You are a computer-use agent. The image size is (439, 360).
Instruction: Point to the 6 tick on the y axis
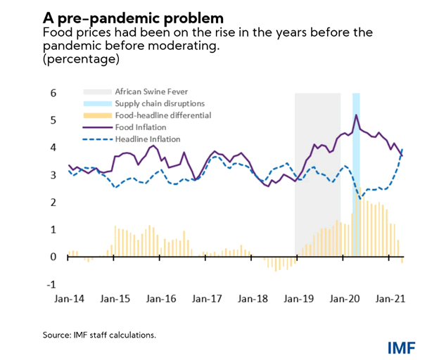coord(51,93)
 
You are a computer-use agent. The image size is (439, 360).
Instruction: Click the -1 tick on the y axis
coord(50,285)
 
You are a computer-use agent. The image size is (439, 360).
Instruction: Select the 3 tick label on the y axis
coord(51,175)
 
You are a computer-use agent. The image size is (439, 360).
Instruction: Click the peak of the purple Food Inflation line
coord(357,115)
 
